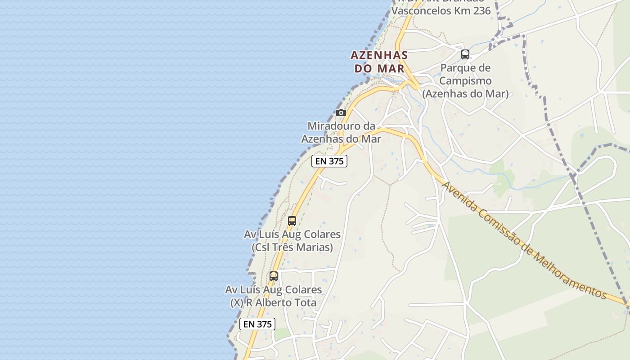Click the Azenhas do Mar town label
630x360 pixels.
379,62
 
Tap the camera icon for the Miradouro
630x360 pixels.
341,112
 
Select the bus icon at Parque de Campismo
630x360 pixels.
465,54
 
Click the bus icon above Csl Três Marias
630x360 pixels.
292,220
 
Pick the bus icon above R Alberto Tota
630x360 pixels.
274,276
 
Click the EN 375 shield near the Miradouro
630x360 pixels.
329,161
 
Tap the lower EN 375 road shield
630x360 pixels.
257,324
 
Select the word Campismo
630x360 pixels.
465,81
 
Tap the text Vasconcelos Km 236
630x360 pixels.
441,11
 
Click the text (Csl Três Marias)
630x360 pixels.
292,247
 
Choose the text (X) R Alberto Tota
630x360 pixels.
274,303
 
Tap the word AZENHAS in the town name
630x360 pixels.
379,55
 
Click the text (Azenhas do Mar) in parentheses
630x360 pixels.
465,94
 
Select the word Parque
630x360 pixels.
459,68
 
